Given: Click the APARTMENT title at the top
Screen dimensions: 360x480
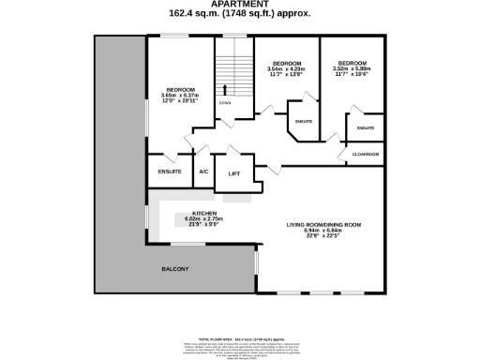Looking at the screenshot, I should coord(239,5).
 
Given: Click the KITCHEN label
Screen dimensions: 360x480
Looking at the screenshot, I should coord(204,213).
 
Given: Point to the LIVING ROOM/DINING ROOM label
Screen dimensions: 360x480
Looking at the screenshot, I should coord(323,225).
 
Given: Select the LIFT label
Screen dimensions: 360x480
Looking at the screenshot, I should coord(234,173).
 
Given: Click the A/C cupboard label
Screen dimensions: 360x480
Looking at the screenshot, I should coord(203,172).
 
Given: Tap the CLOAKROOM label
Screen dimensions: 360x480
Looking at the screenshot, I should coord(365,154).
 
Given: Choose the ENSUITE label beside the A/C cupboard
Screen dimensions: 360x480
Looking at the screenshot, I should coord(170,172).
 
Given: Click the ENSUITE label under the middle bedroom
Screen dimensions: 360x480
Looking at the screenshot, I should coord(303,122).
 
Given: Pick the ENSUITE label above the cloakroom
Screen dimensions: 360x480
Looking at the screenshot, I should coord(366,127).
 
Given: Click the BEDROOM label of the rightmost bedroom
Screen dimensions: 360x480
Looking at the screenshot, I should coord(352,62).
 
